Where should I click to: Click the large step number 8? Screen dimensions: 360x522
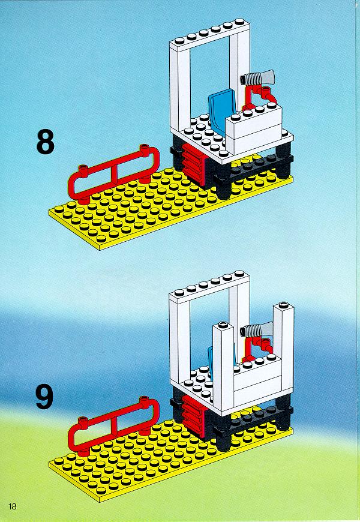click(x=45, y=142)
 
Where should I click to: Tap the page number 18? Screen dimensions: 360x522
click(x=13, y=506)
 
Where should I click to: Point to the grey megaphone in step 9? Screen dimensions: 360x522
click(x=259, y=330)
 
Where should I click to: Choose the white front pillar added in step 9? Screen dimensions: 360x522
click(x=224, y=366)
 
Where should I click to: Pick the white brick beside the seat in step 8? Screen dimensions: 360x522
click(x=254, y=123)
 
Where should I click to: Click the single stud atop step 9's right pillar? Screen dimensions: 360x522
click(x=284, y=304)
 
